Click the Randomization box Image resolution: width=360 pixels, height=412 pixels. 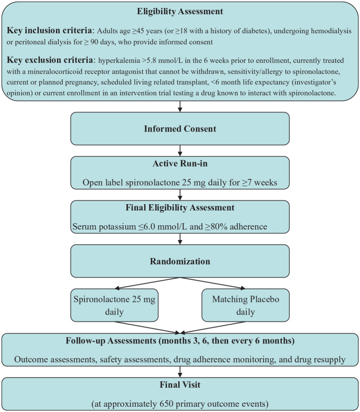point(180,261)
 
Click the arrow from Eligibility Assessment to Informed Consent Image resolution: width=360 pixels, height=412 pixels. point(180,107)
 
